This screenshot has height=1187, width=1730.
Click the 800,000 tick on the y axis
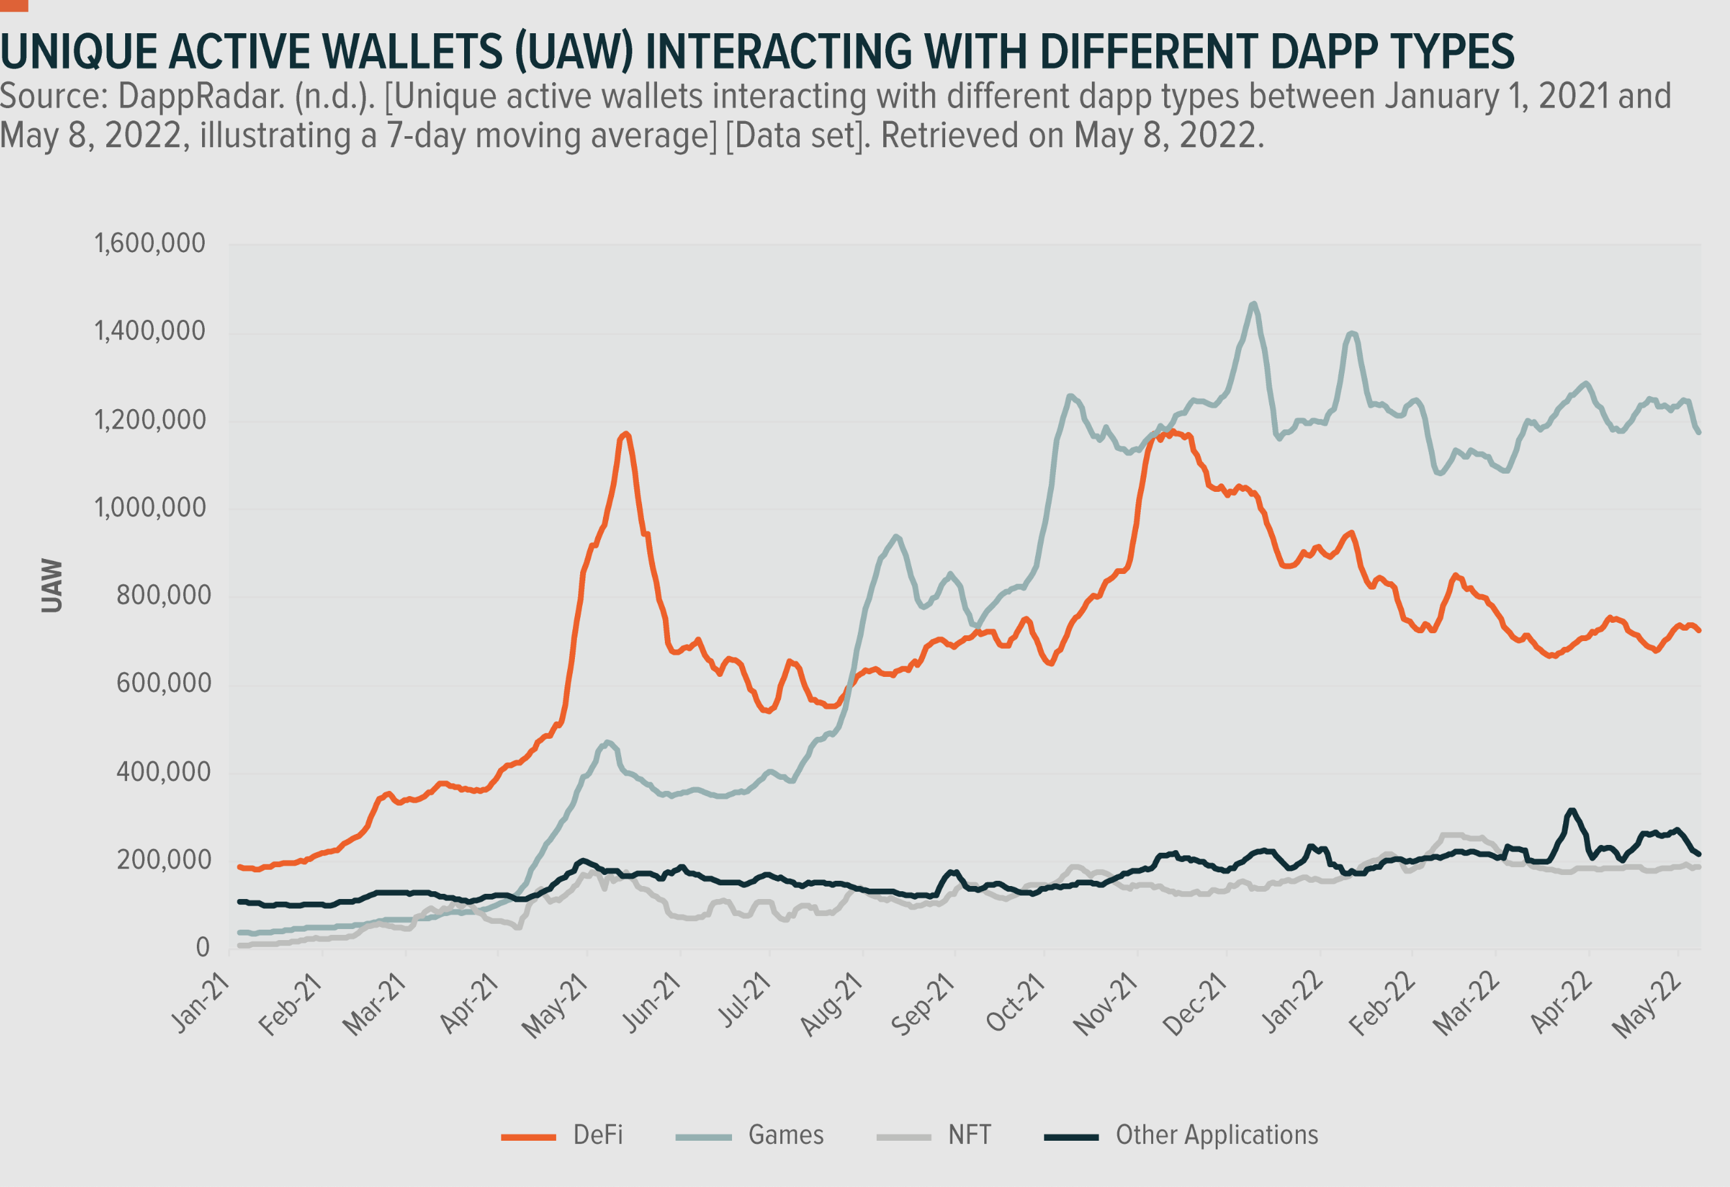[x=164, y=595]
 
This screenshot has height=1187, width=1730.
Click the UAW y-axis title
[x=51, y=586]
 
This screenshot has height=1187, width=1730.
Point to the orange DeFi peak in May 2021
[x=626, y=434]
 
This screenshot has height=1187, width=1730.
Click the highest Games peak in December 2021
[x=1254, y=304]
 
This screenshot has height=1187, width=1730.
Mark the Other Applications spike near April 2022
[x=1572, y=810]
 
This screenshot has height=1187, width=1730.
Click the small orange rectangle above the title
[x=14, y=5]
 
